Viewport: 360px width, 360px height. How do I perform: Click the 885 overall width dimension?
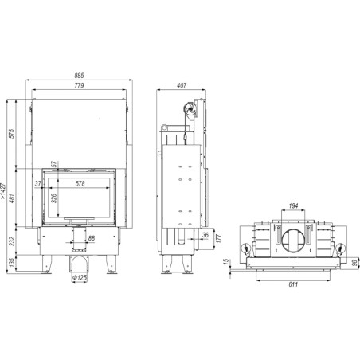pyautogui.click(x=79, y=76)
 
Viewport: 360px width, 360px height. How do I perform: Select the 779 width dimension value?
pyautogui.click(x=79, y=85)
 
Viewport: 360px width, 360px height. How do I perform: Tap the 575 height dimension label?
pyautogui.click(x=12, y=133)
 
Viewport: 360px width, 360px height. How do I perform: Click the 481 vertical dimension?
pyautogui.click(x=12, y=198)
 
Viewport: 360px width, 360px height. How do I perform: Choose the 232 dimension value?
pyautogui.click(x=12, y=241)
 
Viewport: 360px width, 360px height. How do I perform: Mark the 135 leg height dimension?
pyautogui.click(x=12, y=263)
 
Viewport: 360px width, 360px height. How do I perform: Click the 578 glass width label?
pyautogui.click(x=80, y=183)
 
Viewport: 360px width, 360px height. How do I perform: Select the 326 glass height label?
pyautogui.click(x=54, y=198)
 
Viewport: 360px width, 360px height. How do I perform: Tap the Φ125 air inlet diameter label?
pyautogui.click(x=80, y=278)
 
